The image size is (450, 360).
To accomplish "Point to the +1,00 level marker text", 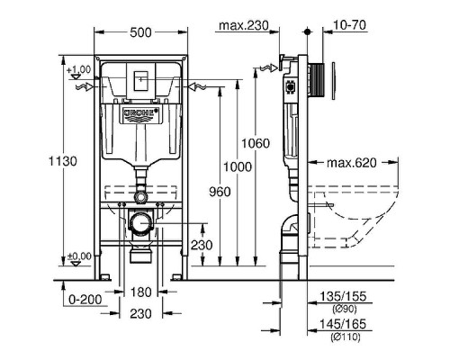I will click(x=79, y=69).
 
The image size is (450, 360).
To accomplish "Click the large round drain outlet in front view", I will click(x=139, y=222).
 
